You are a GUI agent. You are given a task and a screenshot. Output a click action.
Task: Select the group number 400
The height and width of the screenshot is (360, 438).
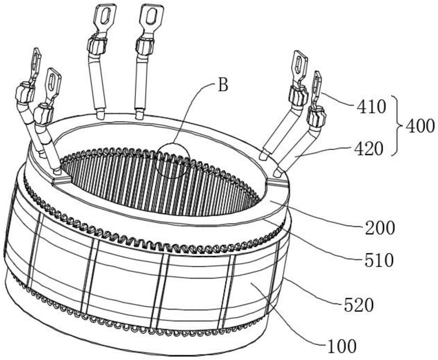click(420, 126)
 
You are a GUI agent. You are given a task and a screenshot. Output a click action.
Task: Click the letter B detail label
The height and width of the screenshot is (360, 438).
click(223, 85)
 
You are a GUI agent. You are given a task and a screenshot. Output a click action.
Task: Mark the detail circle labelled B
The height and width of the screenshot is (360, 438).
click(172, 160)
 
